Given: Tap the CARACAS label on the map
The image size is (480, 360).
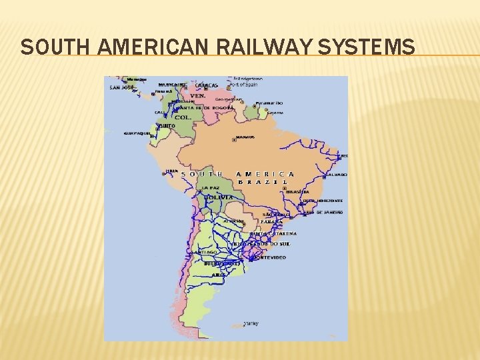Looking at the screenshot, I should [206, 85].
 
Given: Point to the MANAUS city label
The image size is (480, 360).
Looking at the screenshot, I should [245, 137].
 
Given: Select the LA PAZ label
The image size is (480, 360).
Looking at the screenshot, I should [211, 188].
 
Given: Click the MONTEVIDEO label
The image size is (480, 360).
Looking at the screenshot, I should [271, 257].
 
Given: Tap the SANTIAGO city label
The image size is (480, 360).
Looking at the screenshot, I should [204, 253].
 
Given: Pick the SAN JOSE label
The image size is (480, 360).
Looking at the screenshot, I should [122, 87].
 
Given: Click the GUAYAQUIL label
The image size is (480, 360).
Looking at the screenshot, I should [137, 133].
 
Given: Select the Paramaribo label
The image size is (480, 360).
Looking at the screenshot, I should [269, 103].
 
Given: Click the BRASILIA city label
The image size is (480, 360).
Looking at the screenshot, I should [297, 191].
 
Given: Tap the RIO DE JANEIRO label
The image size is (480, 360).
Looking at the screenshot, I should [325, 212].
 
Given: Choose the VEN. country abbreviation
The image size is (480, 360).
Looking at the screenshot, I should [198, 95].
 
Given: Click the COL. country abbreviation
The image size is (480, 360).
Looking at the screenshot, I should [183, 117].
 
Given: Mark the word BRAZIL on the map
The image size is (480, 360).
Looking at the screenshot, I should [264, 182].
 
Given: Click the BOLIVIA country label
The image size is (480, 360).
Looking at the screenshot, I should [219, 198].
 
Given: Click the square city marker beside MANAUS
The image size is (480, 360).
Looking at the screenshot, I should [233, 140].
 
